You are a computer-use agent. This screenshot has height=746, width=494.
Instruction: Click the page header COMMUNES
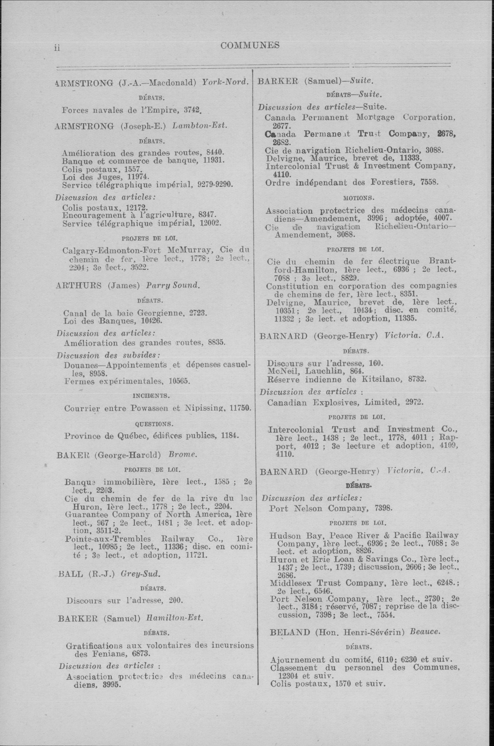[250, 45]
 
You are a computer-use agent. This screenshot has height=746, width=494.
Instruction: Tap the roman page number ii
[57, 48]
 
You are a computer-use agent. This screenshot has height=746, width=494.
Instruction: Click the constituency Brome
[183, 455]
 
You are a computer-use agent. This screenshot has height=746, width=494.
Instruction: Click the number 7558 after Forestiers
[429, 182]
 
